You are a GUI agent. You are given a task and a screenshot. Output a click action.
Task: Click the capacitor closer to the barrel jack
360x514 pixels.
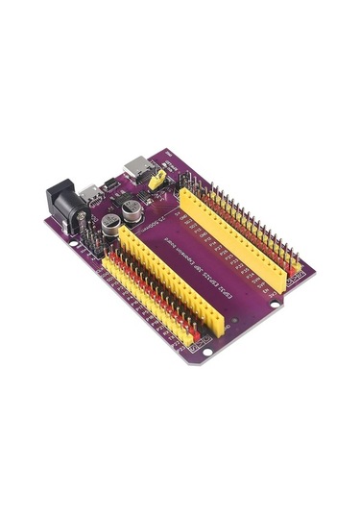click(113, 226)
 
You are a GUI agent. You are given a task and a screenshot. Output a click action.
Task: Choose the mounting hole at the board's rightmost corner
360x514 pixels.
click(276, 305)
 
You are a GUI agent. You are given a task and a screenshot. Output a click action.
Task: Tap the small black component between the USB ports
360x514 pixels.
click(113, 184)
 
